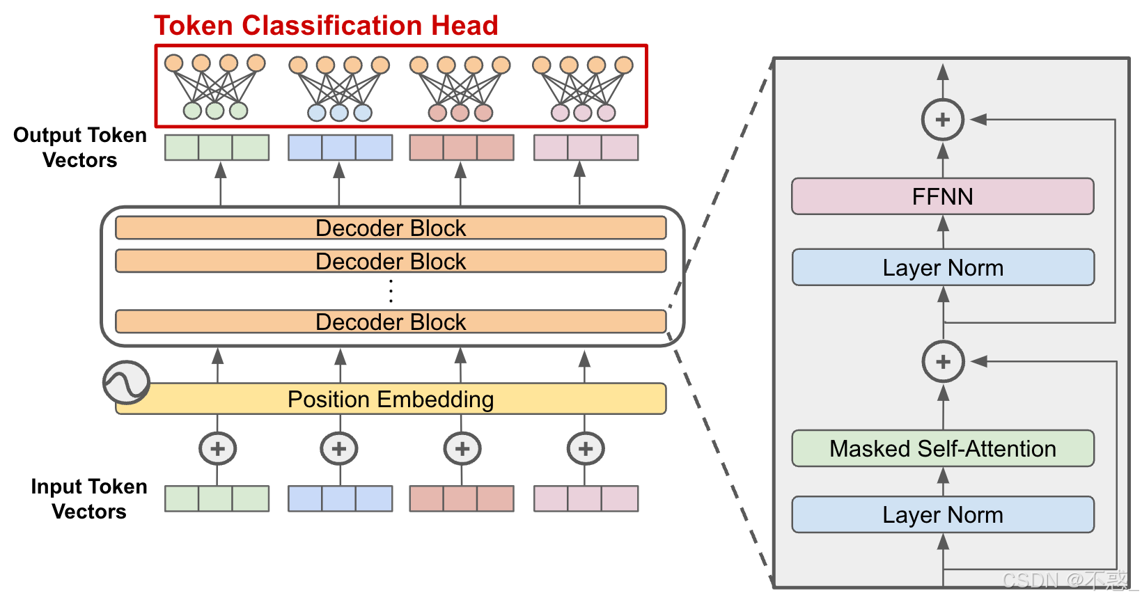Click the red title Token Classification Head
[326, 26]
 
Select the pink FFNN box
[942, 196]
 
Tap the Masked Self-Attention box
[942, 448]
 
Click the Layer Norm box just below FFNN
[942, 267]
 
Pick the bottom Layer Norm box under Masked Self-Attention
[942, 514]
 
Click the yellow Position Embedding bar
[391, 400]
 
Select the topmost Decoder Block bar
[391, 228]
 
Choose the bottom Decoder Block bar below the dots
[391, 322]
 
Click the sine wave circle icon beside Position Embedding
[126, 382]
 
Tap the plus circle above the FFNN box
[942, 120]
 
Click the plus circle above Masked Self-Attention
[943, 362]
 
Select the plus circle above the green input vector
[217, 449]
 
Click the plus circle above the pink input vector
[585, 449]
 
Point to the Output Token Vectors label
[80, 147]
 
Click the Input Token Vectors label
[88, 498]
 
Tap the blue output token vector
[340, 148]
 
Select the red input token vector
[461, 498]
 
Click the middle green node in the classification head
[215, 110]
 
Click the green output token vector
[217, 148]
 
